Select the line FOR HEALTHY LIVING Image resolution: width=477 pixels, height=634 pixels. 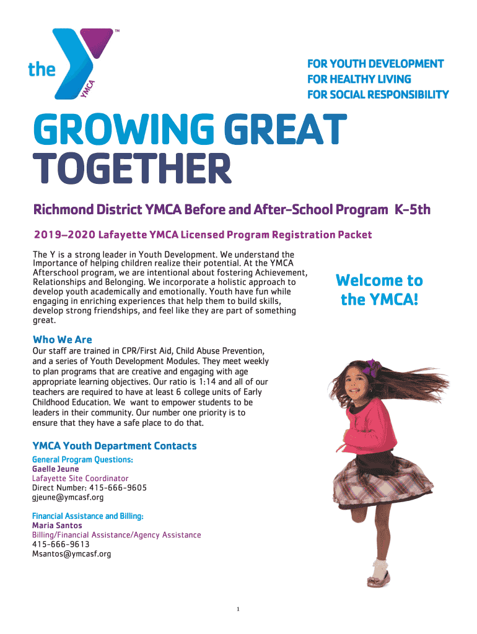point(359,79)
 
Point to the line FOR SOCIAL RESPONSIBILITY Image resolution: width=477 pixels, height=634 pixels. point(378,95)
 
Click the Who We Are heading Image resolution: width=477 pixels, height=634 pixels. point(62,339)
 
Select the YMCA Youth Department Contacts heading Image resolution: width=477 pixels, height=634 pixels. point(114,446)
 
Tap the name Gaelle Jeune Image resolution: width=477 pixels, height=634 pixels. point(55,469)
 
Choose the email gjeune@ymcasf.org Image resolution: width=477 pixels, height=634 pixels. point(68,497)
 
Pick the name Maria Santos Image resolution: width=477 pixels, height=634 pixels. point(56,526)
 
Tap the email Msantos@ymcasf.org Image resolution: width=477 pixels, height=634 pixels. point(71,554)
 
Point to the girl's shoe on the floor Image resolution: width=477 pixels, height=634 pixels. point(378,580)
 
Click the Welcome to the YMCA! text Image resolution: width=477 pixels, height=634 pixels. point(379,290)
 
